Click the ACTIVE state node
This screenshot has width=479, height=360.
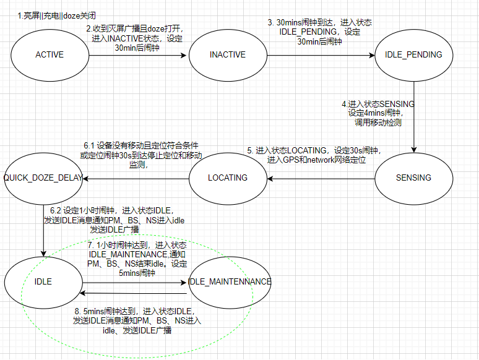coord(50,54)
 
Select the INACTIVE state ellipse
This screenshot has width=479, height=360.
coord(227,54)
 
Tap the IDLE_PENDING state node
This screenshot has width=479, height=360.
coord(413,54)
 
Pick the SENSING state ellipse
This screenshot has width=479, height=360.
coord(413,178)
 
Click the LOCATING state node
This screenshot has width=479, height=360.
coord(227,178)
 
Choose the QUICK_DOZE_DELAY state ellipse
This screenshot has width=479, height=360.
coord(43,178)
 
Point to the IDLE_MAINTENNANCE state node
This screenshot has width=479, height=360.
coord(229,281)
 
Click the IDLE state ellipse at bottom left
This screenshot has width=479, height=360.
coord(43,281)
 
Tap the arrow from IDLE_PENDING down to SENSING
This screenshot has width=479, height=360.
coord(413,118)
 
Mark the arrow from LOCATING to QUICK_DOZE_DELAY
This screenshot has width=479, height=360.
coord(136,178)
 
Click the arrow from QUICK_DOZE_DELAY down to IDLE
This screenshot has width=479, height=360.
coord(44,229)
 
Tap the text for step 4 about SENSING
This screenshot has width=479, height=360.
coord(378,113)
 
